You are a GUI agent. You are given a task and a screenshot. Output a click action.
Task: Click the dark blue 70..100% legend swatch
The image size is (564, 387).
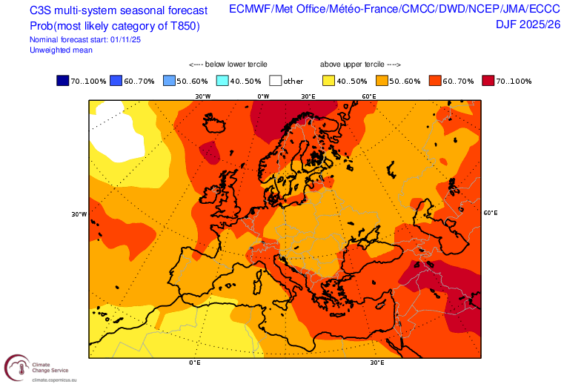tap(62, 80)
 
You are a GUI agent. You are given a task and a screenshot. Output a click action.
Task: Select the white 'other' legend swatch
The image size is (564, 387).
tap(276, 80)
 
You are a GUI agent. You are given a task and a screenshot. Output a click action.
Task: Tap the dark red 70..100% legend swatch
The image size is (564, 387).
tap(488, 80)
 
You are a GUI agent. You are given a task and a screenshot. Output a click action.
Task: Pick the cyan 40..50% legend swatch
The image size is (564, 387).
tap(222, 80)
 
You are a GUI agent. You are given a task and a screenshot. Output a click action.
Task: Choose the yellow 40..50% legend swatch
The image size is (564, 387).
tap(328, 80)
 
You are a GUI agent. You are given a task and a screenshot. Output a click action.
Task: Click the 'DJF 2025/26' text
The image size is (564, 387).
tap(528, 24)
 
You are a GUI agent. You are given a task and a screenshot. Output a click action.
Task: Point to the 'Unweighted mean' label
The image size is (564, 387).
tap(59, 50)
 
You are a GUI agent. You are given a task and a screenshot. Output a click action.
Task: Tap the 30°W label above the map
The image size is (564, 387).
tap(202, 96)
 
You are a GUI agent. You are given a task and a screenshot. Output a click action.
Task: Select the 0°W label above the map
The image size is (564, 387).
tap(263, 96)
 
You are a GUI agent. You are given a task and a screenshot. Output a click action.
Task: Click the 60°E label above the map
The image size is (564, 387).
tap(368, 96)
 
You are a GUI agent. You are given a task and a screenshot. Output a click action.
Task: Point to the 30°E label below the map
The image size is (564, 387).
tap(376, 363)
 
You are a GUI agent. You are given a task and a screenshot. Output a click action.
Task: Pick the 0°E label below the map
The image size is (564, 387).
tap(196, 363)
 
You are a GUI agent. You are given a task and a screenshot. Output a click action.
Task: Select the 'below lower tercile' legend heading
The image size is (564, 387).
tap(228, 65)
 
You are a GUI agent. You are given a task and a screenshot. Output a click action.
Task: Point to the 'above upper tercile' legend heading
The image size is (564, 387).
tap(360, 65)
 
